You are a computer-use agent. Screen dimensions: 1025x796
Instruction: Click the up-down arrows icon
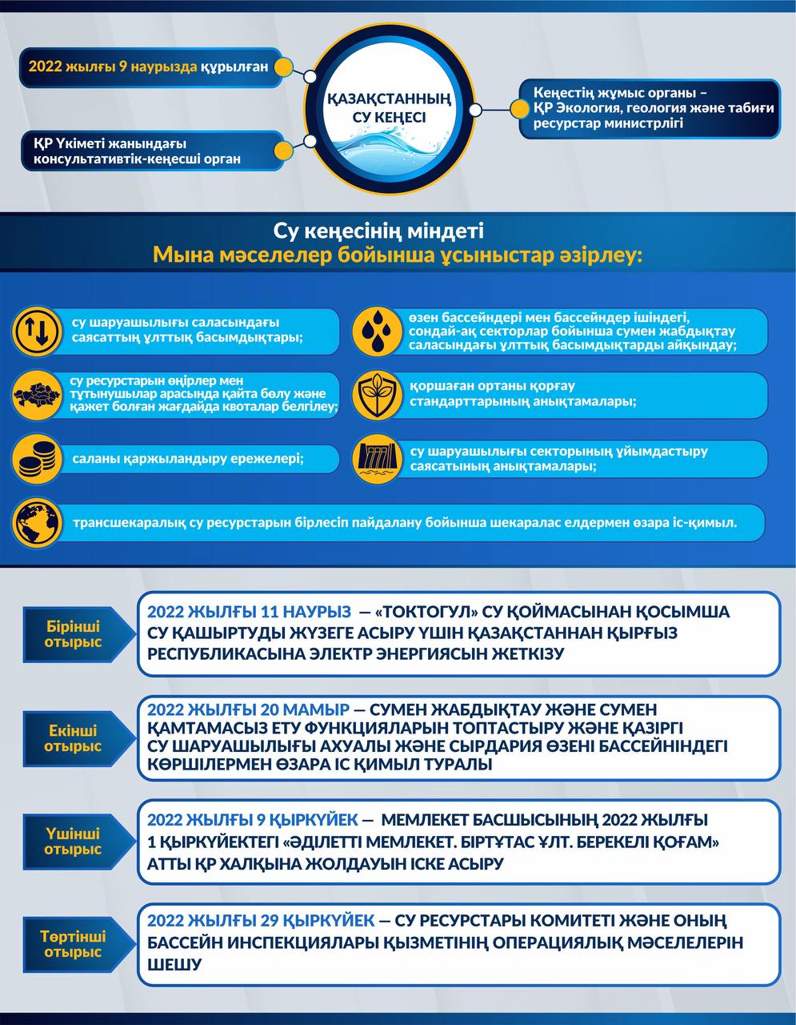point(37,330)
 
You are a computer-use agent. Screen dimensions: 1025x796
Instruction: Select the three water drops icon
point(378,330)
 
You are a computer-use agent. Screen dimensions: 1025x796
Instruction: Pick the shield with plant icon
point(378,396)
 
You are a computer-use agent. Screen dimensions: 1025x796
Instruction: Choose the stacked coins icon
point(37,460)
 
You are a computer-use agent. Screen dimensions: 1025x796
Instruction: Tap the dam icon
point(378,460)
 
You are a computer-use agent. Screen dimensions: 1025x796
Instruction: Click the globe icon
point(37,523)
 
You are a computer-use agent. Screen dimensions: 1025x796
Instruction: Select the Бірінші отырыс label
point(73,634)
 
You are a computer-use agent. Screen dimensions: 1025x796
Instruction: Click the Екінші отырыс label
point(73,738)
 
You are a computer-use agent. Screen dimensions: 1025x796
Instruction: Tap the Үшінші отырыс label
point(73,842)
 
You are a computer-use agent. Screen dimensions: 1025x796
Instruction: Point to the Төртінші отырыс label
point(73,944)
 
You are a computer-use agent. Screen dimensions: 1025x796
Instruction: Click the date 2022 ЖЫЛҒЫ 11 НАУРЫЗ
point(249,612)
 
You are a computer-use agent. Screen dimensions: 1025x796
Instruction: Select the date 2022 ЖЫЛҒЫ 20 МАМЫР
point(248,710)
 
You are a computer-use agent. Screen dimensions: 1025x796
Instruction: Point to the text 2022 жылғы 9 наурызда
point(113,66)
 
